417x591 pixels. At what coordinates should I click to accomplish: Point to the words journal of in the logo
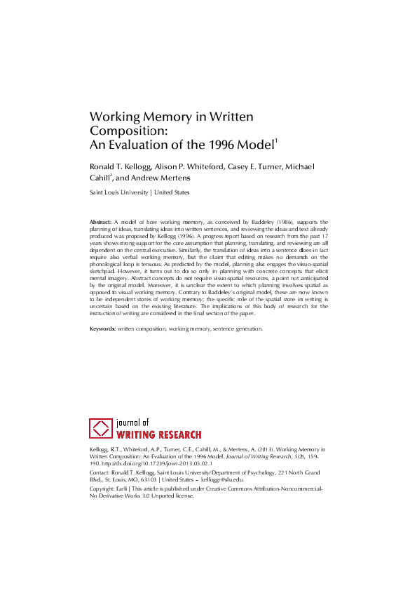136,423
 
